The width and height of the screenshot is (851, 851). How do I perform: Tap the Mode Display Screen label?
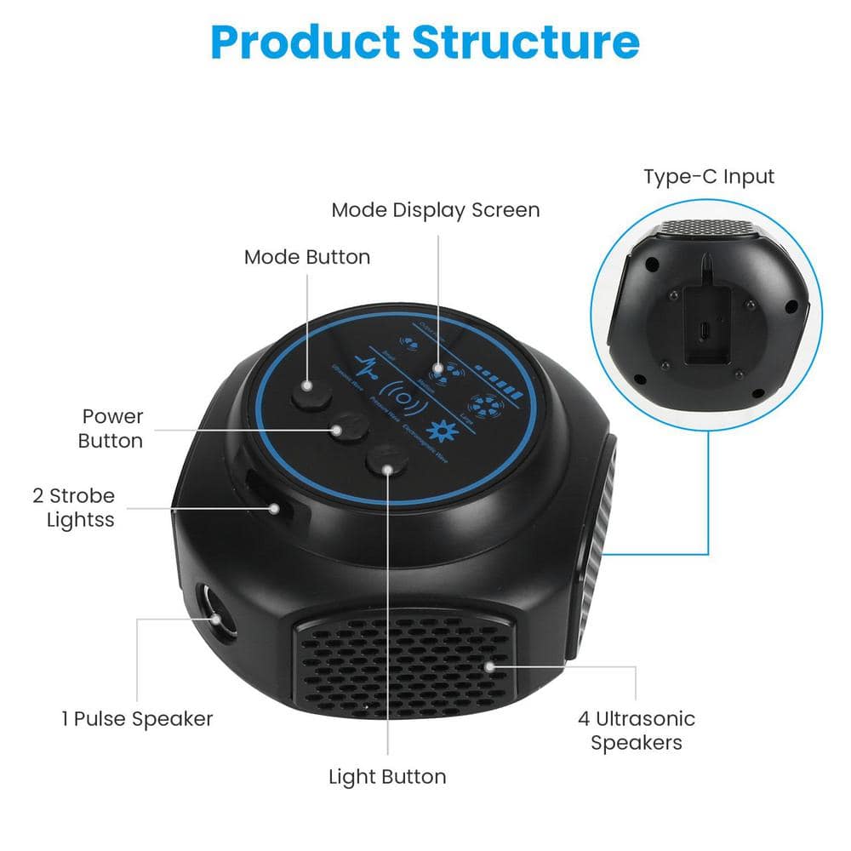click(436, 209)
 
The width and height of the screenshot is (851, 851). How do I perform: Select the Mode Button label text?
click(307, 257)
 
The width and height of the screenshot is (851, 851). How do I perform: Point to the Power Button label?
click(111, 429)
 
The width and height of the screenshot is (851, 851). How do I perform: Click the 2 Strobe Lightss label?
click(81, 507)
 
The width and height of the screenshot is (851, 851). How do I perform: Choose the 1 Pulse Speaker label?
click(137, 719)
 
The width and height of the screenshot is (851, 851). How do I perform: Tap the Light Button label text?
click(387, 777)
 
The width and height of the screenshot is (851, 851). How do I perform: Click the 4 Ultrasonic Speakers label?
click(637, 731)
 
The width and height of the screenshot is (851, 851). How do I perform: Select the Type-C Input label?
click(709, 177)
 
